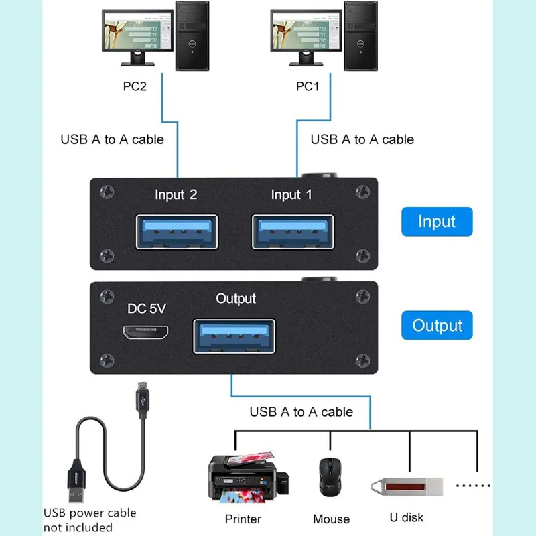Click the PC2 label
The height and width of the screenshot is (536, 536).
click(x=135, y=87)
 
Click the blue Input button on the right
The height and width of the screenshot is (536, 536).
click(x=437, y=222)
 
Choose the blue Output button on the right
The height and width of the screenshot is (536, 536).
click(x=437, y=326)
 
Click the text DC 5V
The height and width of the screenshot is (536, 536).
click(x=147, y=309)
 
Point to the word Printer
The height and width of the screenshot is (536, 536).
click(x=243, y=519)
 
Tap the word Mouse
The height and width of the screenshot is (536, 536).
click(x=331, y=519)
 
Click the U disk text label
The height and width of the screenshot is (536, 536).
click(x=406, y=517)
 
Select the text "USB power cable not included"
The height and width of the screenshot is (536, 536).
click(x=89, y=520)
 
